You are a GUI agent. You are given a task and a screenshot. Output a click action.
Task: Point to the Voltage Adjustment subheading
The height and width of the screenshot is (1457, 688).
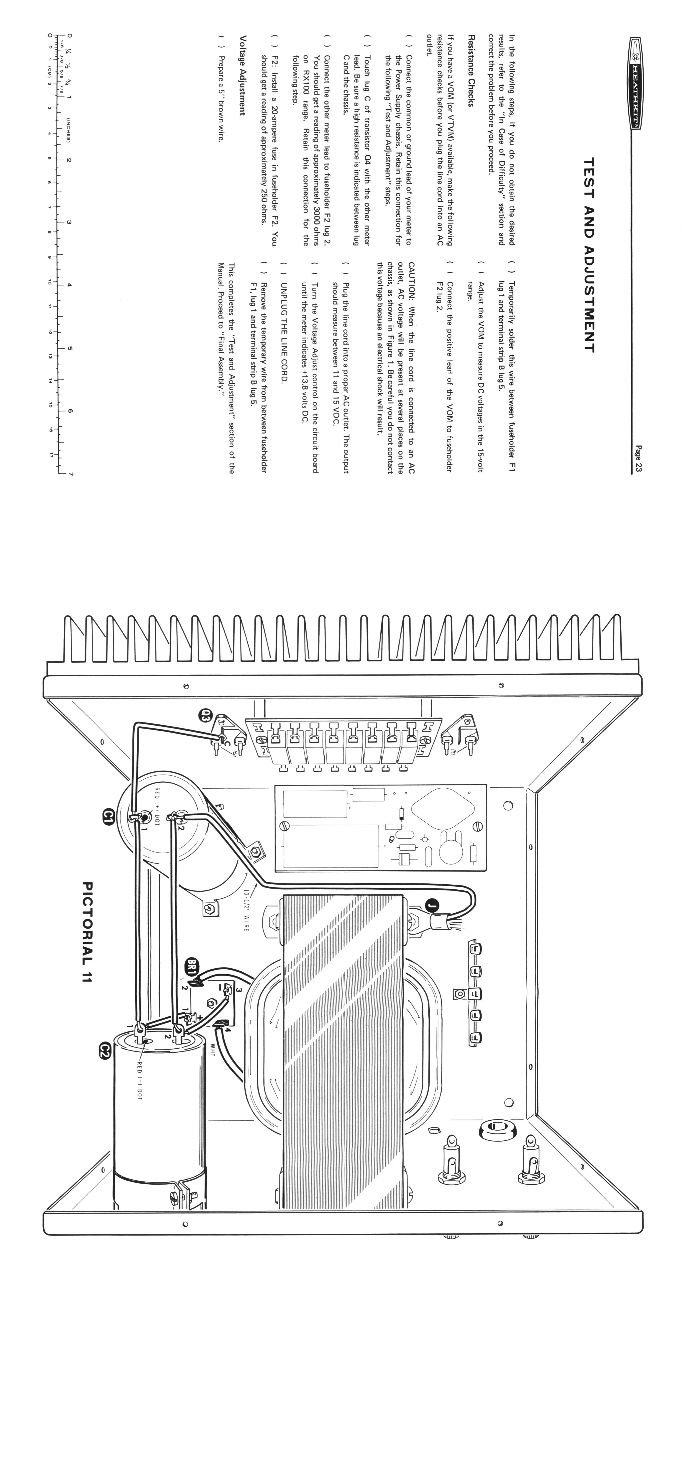coord(242,75)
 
